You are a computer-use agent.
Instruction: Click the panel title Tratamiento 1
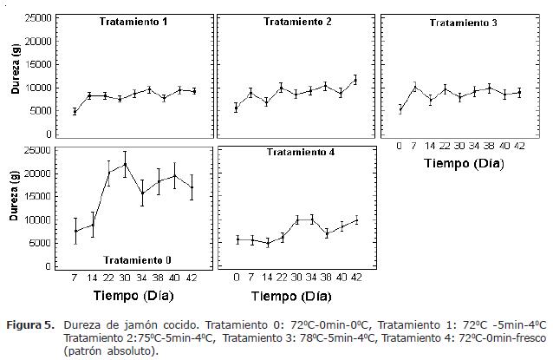(x=133, y=21)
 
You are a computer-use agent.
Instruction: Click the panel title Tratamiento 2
(x=297, y=21)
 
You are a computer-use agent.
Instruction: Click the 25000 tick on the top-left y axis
(x=36, y=17)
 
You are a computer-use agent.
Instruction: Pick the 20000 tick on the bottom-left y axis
(x=36, y=173)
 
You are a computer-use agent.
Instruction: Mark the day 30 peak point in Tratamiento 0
(x=125, y=164)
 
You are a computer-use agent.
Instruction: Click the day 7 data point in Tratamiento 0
(x=76, y=231)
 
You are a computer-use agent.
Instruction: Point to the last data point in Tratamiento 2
(x=355, y=80)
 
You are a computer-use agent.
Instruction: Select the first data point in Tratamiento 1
(x=75, y=111)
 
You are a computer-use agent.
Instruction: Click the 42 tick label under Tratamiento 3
(x=518, y=146)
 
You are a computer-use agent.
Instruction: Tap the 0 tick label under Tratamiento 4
(x=237, y=277)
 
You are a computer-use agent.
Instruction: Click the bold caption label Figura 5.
(x=32, y=324)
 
